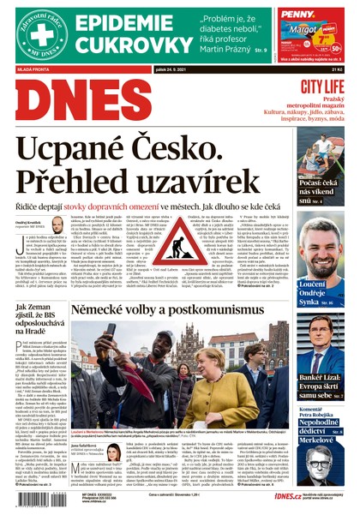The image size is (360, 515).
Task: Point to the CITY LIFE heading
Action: click(x=321, y=87)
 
